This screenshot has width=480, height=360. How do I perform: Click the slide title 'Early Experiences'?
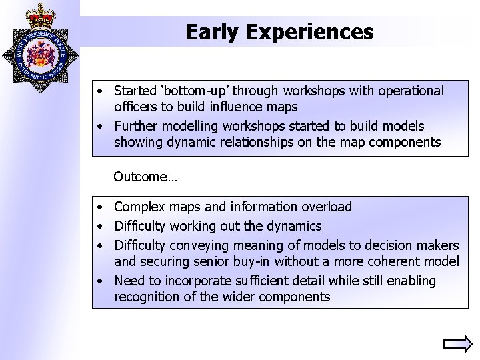coord(279,31)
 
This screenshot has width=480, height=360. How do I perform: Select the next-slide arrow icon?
coord(457,345)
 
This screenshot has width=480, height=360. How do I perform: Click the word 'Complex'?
coord(139,207)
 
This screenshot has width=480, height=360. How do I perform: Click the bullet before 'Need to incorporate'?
coord(97,281)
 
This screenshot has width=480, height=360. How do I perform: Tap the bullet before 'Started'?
coord(97,91)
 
